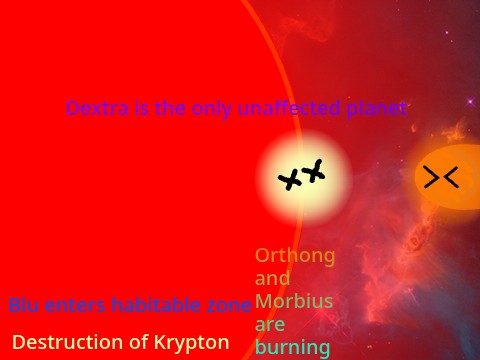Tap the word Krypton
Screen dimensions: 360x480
tap(192, 342)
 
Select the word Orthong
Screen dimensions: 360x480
tap(295, 255)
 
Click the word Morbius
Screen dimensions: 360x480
tap(294, 301)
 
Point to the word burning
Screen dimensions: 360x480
tap(292, 348)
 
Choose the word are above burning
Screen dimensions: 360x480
tap(270, 325)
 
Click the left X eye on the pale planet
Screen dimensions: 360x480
tap(290, 181)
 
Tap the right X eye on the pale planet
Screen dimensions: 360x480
tap(315, 171)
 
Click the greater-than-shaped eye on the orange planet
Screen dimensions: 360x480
tap(432, 178)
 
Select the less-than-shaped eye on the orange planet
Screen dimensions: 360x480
tap(451, 178)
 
